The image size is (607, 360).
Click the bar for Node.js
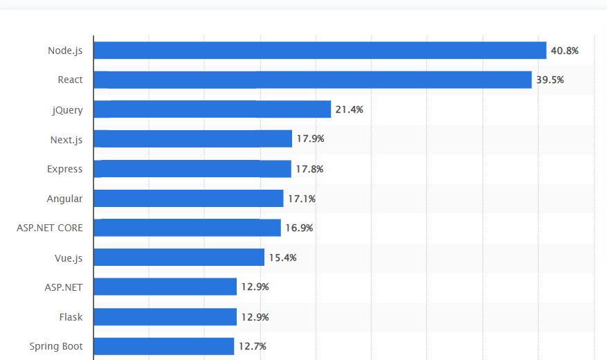pyautogui.click(x=320, y=51)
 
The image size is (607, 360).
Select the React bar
pyautogui.click(x=312, y=80)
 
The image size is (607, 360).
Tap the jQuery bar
pyautogui.click(x=212, y=109)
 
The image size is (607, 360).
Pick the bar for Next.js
pyautogui.click(x=192, y=139)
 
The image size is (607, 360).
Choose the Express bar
pyautogui.click(x=192, y=169)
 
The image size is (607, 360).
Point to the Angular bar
pyautogui.click(x=188, y=199)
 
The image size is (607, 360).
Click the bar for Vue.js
pyautogui.click(x=179, y=258)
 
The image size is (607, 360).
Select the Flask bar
pyautogui.click(x=165, y=317)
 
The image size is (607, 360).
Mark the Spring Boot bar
pyautogui.click(x=163, y=346)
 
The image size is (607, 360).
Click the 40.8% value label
pyautogui.click(x=565, y=51)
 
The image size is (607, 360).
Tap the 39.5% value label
pyautogui.click(x=550, y=80)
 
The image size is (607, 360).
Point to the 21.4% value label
pyautogui.click(x=350, y=109)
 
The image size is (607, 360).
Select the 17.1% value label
pyautogui.click(x=302, y=199)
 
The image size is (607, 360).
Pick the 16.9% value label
pyautogui.click(x=299, y=228)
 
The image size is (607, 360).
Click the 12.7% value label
pyautogui.click(x=253, y=346)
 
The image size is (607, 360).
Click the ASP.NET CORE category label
pyautogui.click(x=50, y=228)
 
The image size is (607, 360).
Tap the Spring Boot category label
pyautogui.click(x=56, y=346)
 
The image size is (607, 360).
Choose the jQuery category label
pyautogui.click(x=67, y=109)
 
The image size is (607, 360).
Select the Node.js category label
pyautogui.click(x=65, y=51)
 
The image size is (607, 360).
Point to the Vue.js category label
pyautogui.click(x=69, y=258)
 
